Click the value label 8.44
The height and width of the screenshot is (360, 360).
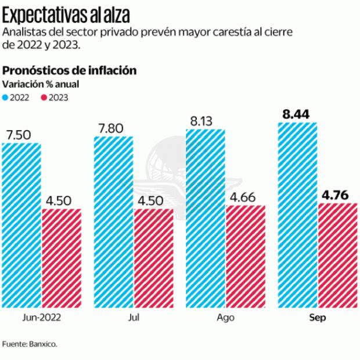click(x=296, y=113)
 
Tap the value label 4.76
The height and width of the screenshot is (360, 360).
click(x=337, y=193)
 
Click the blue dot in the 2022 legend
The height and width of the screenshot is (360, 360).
click(x=6, y=97)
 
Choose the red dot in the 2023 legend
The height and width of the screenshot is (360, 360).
click(x=42, y=97)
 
